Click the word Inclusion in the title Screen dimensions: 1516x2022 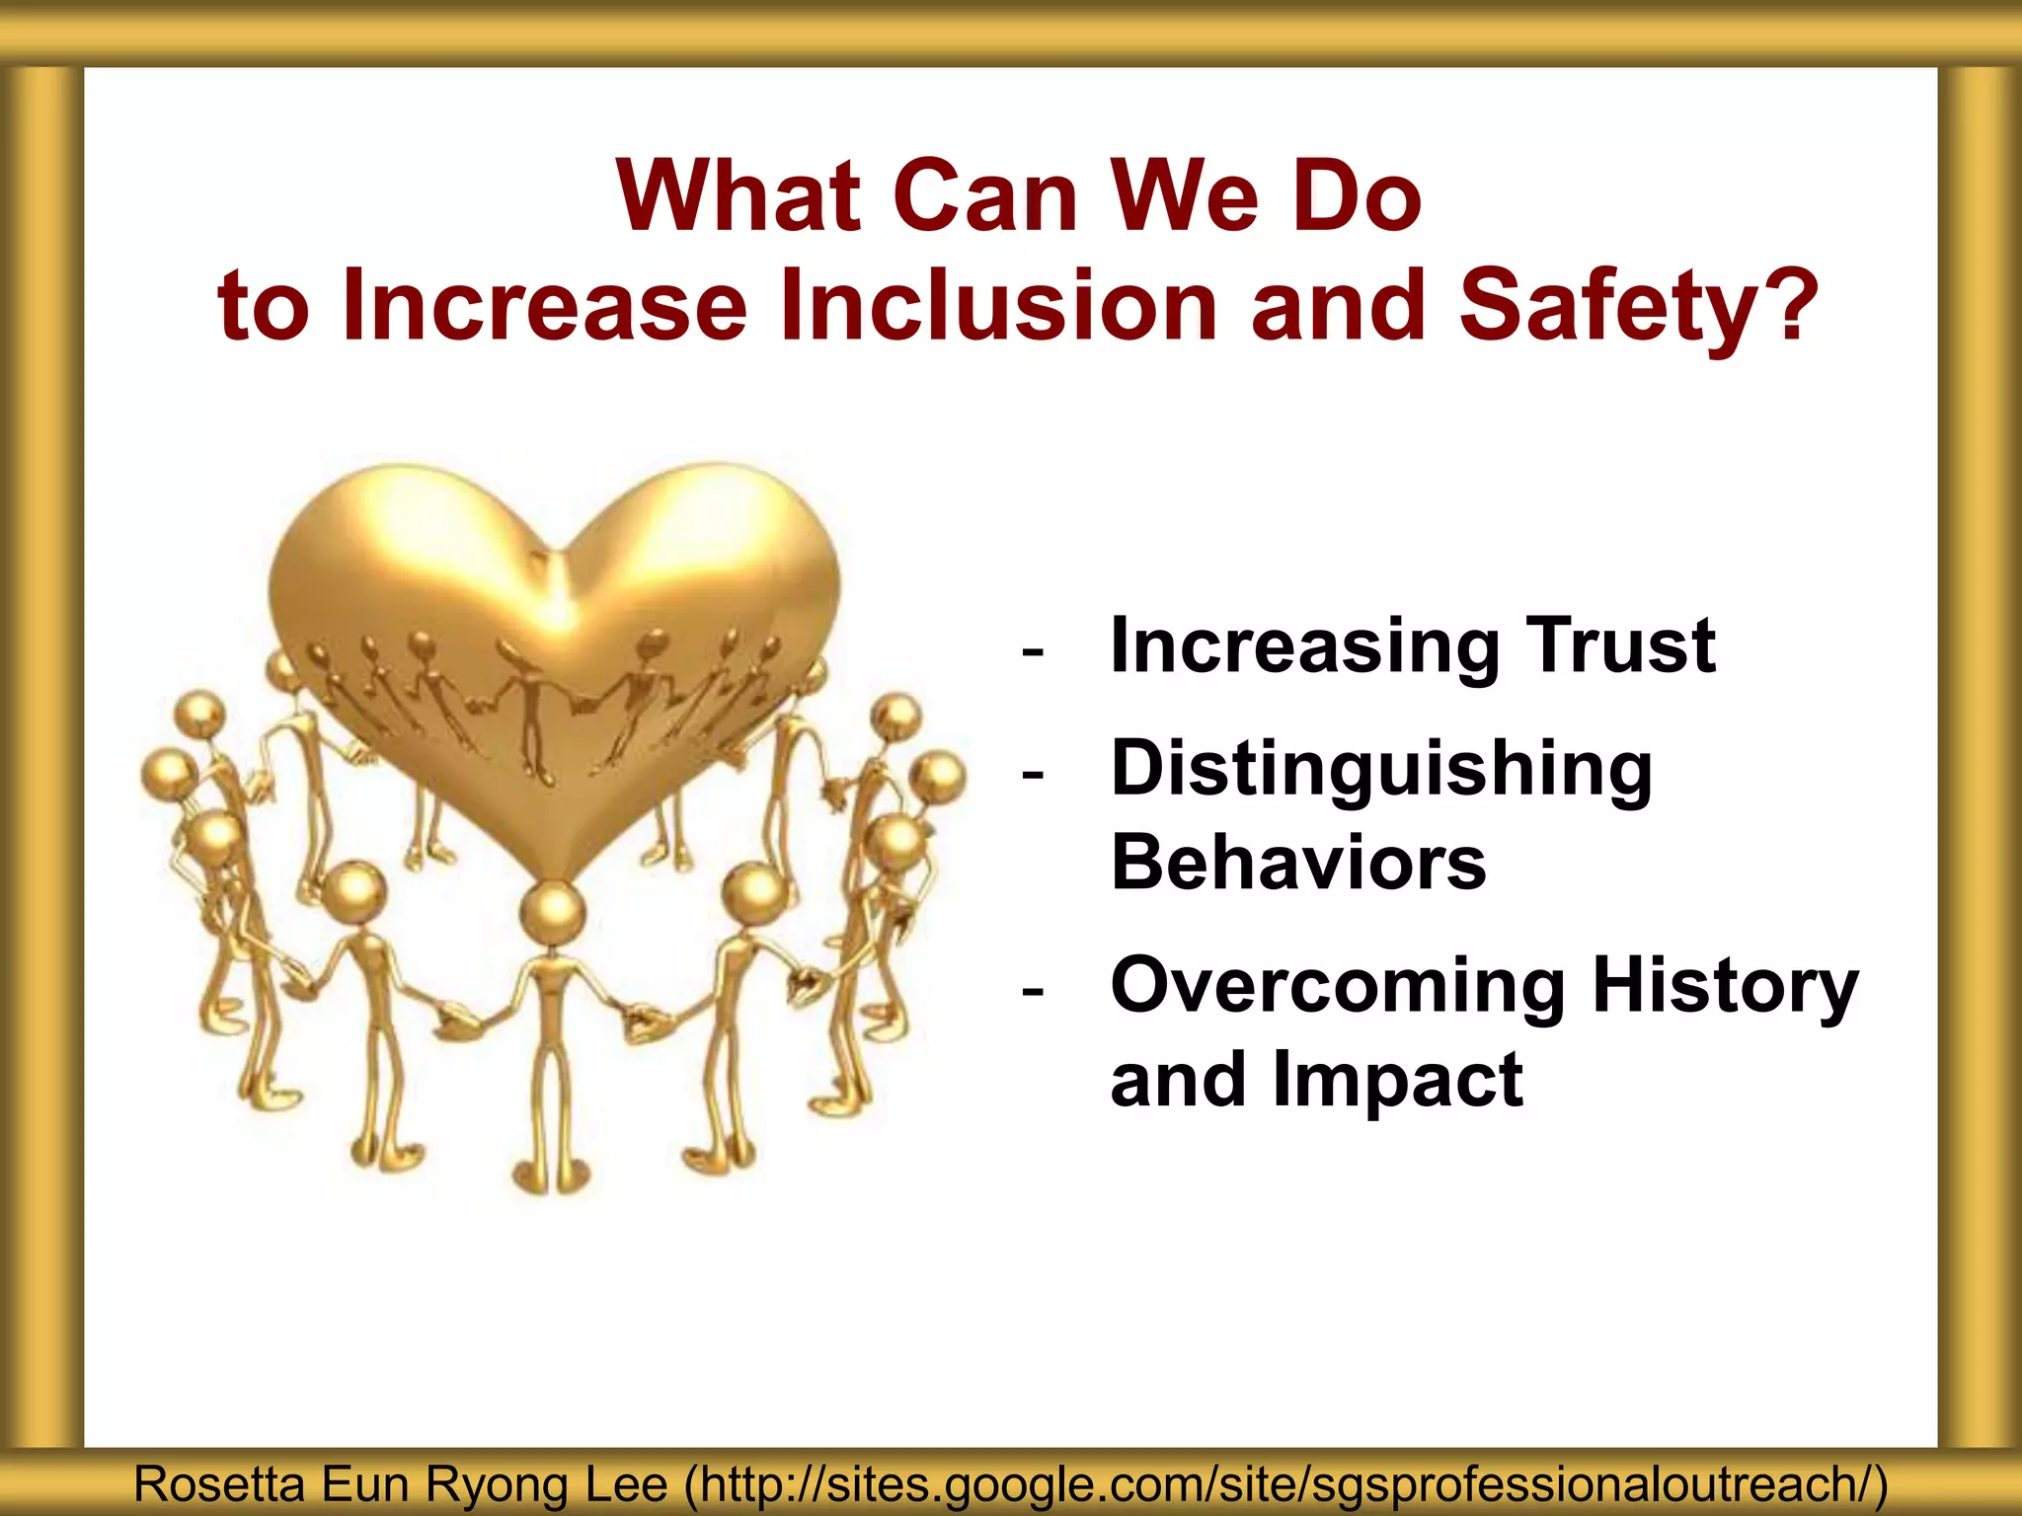pos(997,306)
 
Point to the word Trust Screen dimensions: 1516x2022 pos(1620,646)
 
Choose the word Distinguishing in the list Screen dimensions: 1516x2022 pos(1381,772)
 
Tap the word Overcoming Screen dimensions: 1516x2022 pos(1338,987)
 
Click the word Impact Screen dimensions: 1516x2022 pos(1397,1080)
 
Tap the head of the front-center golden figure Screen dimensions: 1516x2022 pos(553,910)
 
